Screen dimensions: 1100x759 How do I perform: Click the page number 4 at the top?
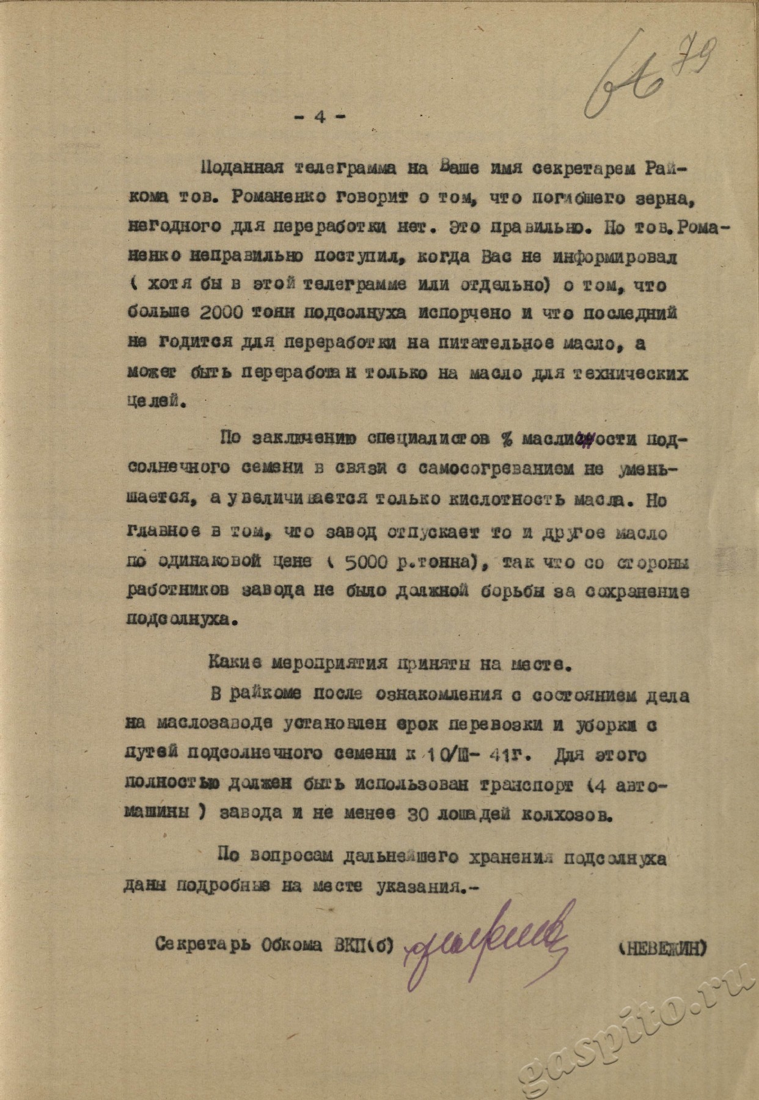(319, 118)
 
